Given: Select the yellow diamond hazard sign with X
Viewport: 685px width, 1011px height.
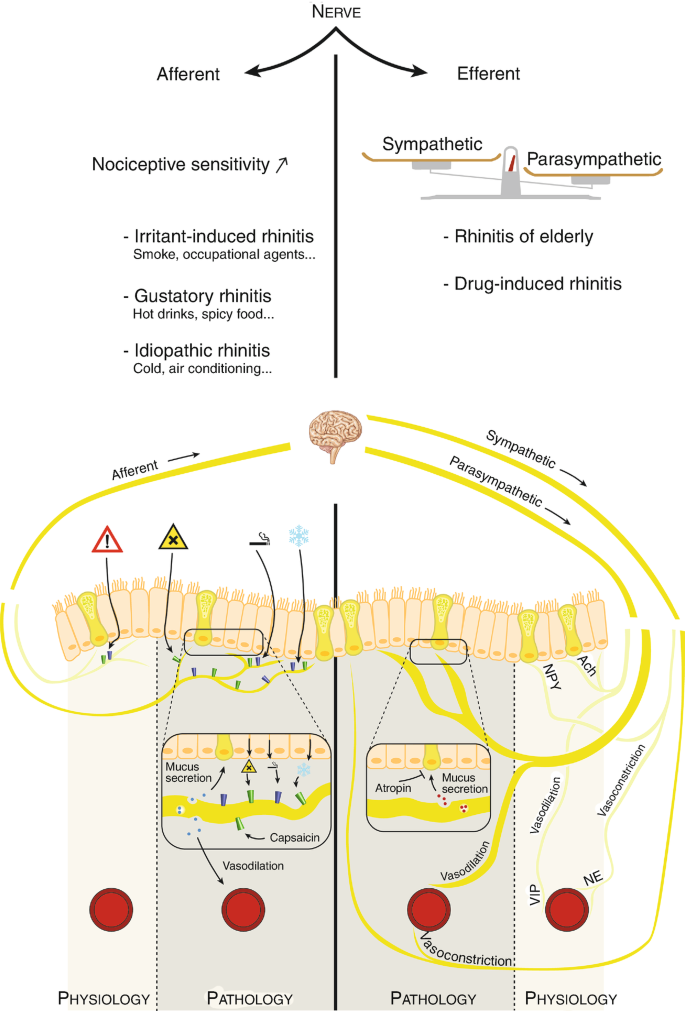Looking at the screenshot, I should click(x=173, y=539).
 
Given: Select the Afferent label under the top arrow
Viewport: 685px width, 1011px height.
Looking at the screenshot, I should click(x=188, y=73).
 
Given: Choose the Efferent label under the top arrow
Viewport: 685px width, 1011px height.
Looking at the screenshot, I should click(x=489, y=73).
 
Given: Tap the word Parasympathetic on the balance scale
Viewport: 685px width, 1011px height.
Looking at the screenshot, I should click(x=594, y=158).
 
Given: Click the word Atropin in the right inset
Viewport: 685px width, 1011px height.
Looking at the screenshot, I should click(x=393, y=788).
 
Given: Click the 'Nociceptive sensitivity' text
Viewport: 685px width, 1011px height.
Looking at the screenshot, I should click(x=180, y=164).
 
